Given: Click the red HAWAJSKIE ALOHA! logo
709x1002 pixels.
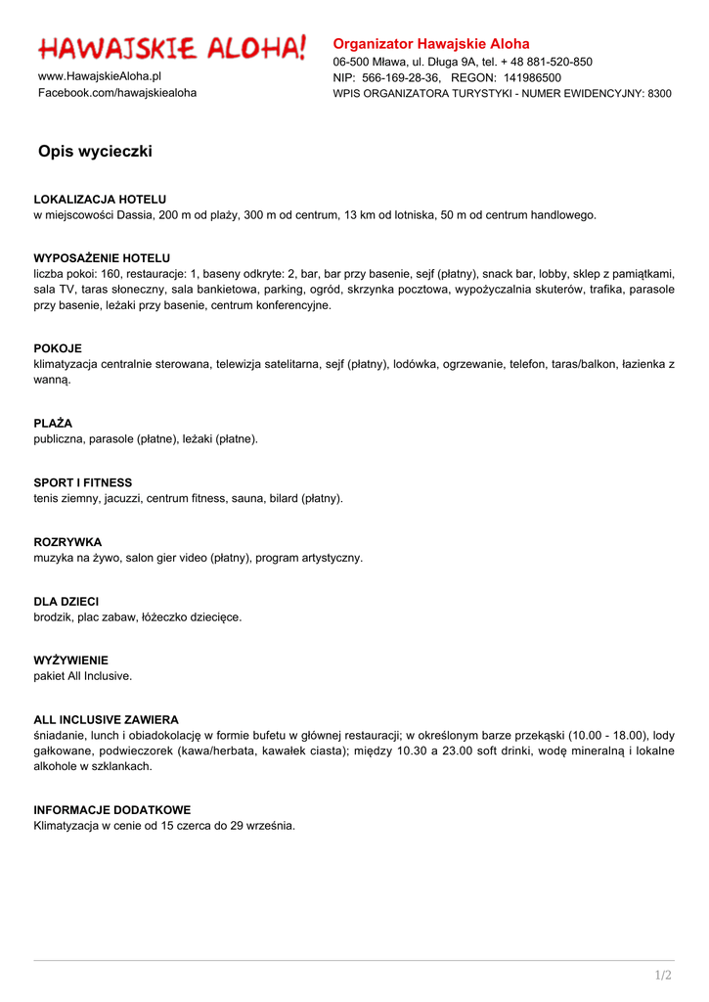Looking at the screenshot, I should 172,47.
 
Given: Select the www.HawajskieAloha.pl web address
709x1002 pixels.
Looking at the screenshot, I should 100,76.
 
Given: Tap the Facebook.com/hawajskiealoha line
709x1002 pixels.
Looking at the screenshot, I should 117,93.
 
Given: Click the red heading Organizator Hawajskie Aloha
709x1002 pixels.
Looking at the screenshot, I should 431,44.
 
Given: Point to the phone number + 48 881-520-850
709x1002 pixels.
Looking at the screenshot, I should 546,62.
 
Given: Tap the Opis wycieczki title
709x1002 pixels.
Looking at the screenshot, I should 95,152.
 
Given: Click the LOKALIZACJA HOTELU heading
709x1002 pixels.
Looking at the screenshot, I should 100,200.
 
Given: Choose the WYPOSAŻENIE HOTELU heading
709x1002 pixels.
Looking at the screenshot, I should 102,258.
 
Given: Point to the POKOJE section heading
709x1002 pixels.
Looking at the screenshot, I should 58,348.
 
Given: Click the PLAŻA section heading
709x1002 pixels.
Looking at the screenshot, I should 53,424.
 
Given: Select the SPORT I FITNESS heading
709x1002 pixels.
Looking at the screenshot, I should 82,483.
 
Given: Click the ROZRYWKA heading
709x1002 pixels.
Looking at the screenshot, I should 67,542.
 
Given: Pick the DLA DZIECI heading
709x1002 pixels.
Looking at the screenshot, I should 66,602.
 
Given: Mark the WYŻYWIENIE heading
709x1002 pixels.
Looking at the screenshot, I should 70,660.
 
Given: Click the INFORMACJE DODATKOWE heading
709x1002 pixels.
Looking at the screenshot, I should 112,810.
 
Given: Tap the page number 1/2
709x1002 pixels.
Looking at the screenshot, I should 663,975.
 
